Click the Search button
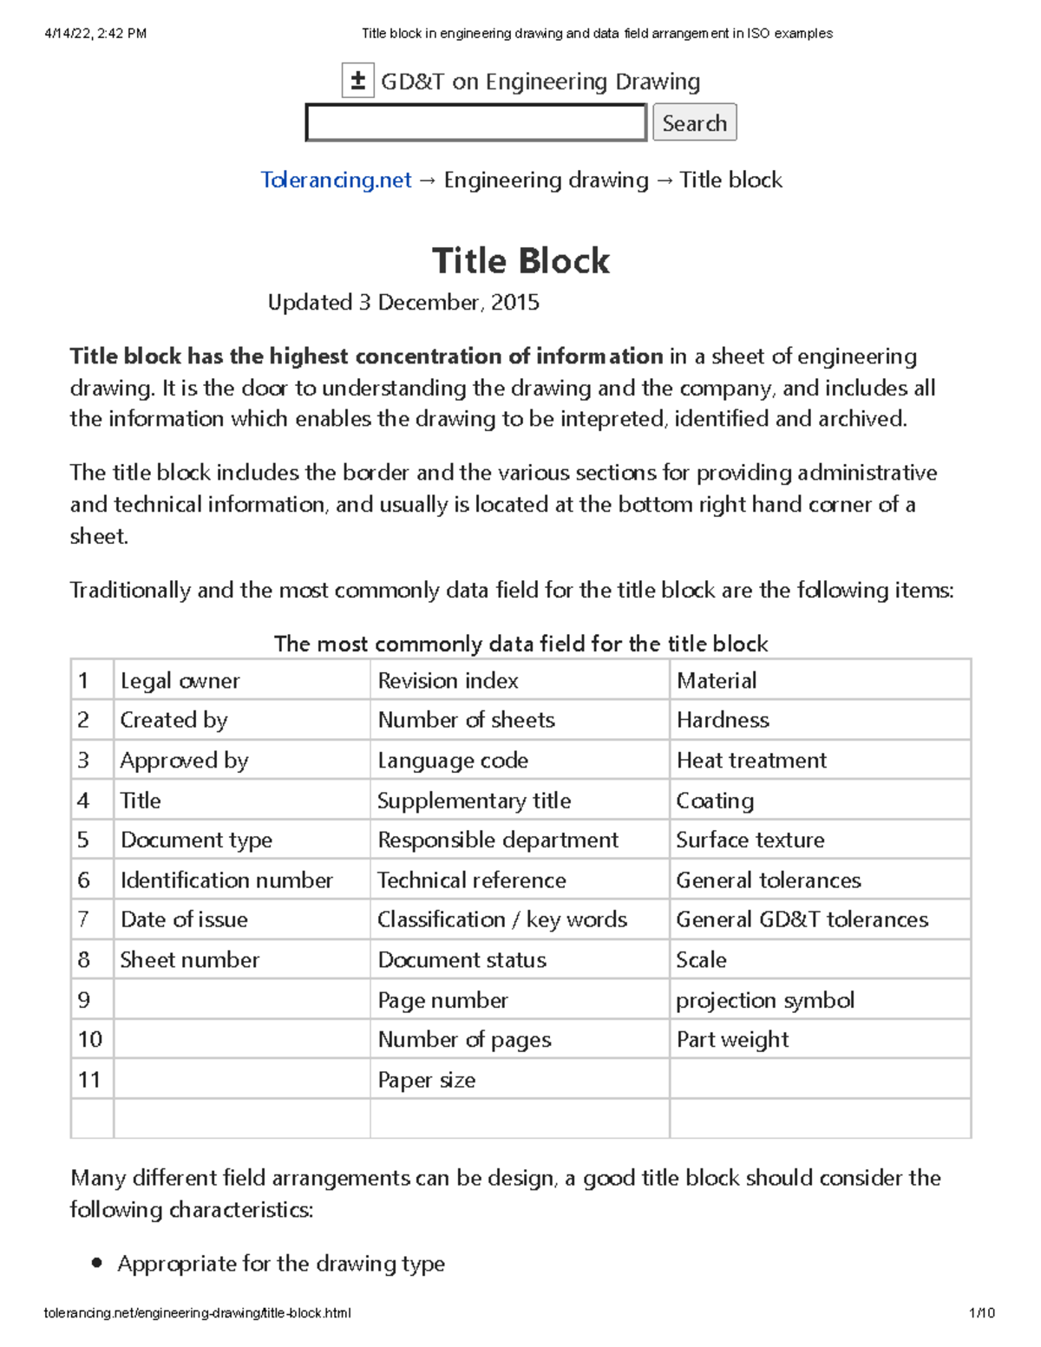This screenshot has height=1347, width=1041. click(x=694, y=122)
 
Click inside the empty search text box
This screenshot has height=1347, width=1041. click(x=475, y=122)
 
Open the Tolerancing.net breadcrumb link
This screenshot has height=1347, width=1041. click(x=336, y=180)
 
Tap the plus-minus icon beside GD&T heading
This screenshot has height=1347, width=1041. click(x=357, y=81)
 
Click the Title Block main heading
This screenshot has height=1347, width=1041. click(x=520, y=260)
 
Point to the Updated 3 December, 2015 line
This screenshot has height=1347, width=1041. click(x=403, y=302)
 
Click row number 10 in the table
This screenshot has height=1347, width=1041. click(x=90, y=1039)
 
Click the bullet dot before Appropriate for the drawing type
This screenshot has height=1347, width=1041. click(x=97, y=1264)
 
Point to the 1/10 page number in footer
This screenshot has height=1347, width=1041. click(x=982, y=1312)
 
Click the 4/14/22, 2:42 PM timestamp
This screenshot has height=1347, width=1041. click(x=95, y=34)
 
